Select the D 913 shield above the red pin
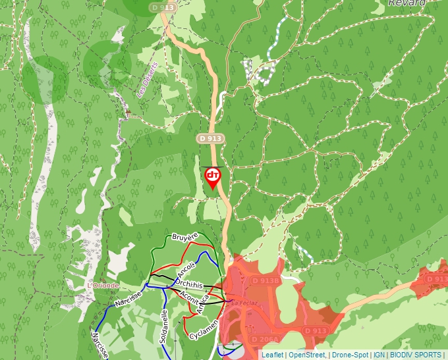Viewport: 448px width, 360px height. click(x=210, y=139)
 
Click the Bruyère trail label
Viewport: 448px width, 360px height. click(x=185, y=236)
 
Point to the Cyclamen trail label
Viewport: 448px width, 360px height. click(x=204, y=328)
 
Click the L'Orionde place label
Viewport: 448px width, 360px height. click(x=103, y=286)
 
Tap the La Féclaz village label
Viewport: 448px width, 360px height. click(x=240, y=303)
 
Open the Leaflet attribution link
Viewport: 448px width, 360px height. click(x=272, y=355)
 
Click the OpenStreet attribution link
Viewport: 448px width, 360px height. click(x=307, y=355)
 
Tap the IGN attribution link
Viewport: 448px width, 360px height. click(x=379, y=355)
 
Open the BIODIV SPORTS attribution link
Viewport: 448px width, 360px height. click(x=415, y=355)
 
